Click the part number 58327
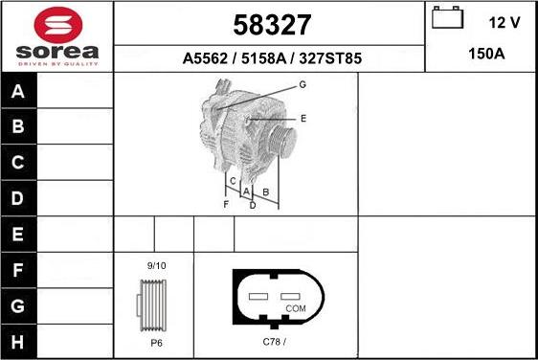[272, 25]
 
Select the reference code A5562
[205, 58]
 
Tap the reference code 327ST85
[330, 58]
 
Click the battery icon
[447, 17]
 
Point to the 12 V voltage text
[504, 23]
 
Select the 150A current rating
[486, 54]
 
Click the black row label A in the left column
[18, 91]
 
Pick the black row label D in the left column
[18, 198]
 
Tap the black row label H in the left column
[18, 342]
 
